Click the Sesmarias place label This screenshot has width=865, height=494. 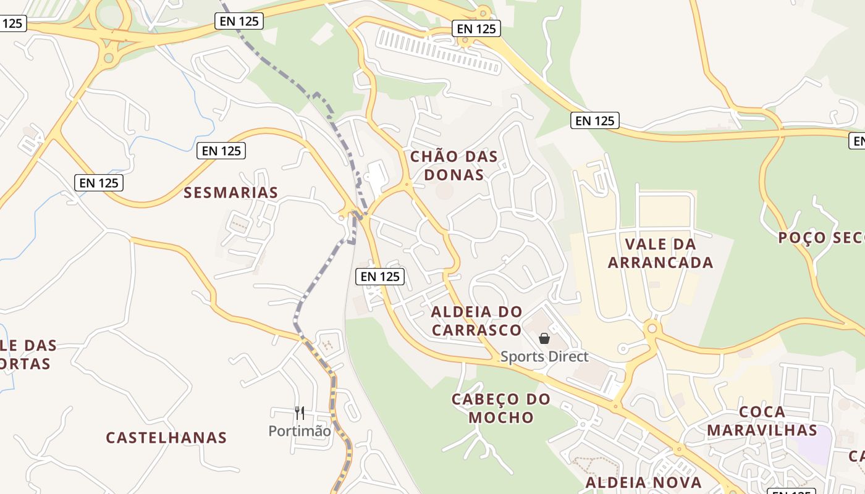pyautogui.click(x=231, y=193)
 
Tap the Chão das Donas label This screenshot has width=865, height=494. pyautogui.click(x=454, y=165)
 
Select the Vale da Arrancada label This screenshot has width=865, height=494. pyautogui.click(x=660, y=253)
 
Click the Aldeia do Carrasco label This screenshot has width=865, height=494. pyautogui.click(x=476, y=320)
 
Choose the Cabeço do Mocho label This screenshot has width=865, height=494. pyautogui.click(x=501, y=408)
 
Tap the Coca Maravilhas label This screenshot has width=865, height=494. pyautogui.click(x=762, y=421)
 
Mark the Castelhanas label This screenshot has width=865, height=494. pyautogui.click(x=166, y=438)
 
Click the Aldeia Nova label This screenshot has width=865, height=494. pyautogui.click(x=644, y=482)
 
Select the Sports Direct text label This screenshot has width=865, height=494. pyautogui.click(x=544, y=356)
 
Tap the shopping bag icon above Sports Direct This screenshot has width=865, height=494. pyautogui.click(x=544, y=338)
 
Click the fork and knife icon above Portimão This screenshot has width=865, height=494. pyautogui.click(x=300, y=412)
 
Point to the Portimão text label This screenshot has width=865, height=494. pyautogui.click(x=300, y=430)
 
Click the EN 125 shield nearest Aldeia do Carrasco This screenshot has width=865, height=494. pyautogui.click(x=380, y=277)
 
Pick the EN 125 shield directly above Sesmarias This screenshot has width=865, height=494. pyautogui.click(x=221, y=151)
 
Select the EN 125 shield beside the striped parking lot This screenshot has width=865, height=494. pyautogui.click(x=476, y=28)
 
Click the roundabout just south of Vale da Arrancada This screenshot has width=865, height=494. pyautogui.click(x=652, y=329)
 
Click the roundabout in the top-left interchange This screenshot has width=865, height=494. pyautogui.click(x=109, y=58)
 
